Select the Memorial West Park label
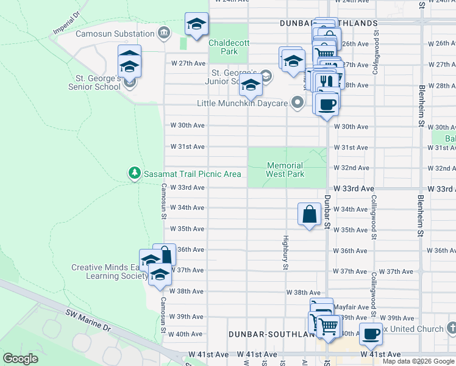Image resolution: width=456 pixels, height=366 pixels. click(285, 170)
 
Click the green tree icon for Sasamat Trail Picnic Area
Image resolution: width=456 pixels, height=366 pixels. click(135, 174)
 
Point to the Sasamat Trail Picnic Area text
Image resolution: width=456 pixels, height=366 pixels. click(192, 174)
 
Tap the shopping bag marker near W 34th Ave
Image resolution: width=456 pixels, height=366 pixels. click(309, 214)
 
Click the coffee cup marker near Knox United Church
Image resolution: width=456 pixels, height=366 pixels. click(371, 334)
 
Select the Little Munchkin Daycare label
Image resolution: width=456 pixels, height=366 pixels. click(242, 103)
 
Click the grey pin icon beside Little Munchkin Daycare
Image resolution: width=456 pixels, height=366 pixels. click(297, 102)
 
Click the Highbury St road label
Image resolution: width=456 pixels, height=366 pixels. click(285, 252)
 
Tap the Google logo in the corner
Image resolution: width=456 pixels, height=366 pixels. click(21, 359)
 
